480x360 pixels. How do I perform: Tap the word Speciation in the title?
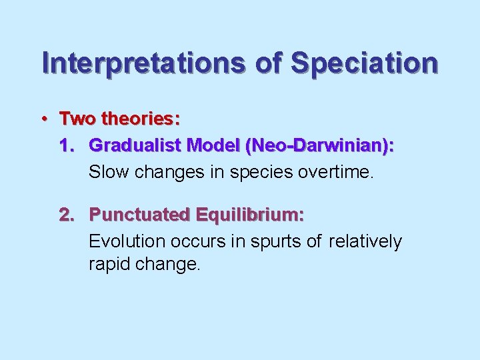coord(365,63)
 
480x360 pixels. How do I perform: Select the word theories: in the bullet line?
coord(140,119)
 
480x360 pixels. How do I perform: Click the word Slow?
coord(109,172)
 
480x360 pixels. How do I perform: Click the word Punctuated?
coord(139,215)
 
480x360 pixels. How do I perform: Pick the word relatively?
coord(365,241)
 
